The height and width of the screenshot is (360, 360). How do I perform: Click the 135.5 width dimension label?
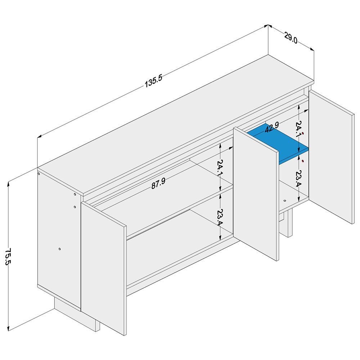coord(153,81)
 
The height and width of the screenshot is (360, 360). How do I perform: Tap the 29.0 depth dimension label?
coord(291,38)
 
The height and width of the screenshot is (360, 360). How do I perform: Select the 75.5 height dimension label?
coord(8,256)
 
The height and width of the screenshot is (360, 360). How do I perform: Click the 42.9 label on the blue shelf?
coord(271,127)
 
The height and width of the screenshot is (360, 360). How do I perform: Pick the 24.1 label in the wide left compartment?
coord(220,168)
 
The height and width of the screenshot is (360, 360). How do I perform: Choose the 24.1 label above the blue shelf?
coord(298,129)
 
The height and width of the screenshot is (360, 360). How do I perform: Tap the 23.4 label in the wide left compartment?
coord(220,217)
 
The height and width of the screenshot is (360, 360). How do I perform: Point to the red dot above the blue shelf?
coord(303,134)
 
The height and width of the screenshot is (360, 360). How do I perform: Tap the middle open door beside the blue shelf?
coord(256,194)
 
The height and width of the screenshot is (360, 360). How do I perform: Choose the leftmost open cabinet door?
coord(104,269)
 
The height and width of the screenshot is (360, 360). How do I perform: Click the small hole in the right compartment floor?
coord(285,201)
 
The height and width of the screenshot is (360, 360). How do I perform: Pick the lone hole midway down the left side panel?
coord(59,249)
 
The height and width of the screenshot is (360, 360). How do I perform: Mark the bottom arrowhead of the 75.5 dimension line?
coord(9,328)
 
